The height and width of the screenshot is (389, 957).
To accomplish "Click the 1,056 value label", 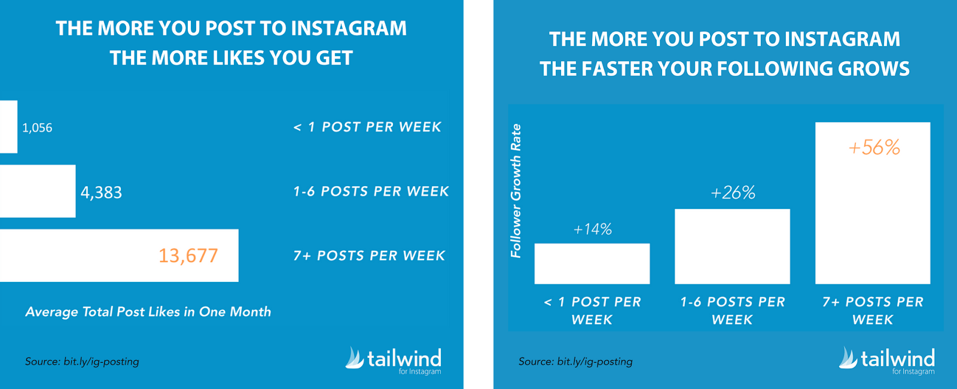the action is tap(37, 128).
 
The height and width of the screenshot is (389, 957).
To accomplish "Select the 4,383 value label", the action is tap(101, 192).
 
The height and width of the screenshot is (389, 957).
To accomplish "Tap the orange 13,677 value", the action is tap(188, 256).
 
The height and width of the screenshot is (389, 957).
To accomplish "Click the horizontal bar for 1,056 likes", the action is tap(8, 126).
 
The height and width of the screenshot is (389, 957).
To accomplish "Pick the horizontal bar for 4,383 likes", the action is tap(38, 191).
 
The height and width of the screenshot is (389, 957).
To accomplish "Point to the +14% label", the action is tap(593, 230).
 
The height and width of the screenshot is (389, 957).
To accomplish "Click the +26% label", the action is tap(733, 193).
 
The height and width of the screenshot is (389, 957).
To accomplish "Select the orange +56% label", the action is tap(874, 147).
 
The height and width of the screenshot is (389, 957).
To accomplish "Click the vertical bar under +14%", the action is tap(592, 264).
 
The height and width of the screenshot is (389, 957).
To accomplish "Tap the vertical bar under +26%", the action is tap(732, 246).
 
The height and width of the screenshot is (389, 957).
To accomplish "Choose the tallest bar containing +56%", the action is tap(873, 203).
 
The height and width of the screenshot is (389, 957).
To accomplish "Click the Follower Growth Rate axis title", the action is tap(516, 191).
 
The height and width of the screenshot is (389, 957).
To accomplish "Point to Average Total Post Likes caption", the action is tap(148, 312).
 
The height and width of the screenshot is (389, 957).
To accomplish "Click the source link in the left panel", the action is tap(82, 361).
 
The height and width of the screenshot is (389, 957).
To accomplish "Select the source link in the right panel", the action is tap(575, 361).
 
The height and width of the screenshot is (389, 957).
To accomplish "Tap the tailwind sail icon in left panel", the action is tap(355, 358).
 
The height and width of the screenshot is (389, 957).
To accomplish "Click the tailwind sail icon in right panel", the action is tap(848, 358).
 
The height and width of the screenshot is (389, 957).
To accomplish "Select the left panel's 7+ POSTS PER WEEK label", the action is tap(369, 256).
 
